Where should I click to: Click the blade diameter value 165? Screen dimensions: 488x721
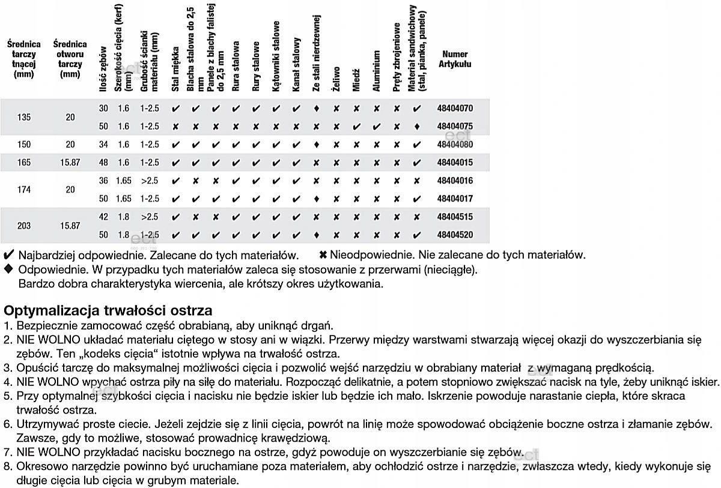pyautogui.click(x=24, y=163)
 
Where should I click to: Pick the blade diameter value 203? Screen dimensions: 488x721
pyautogui.click(x=24, y=226)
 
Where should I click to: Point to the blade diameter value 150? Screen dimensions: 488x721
pyautogui.click(x=24, y=145)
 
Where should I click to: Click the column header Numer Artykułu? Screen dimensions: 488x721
pyautogui.click(x=455, y=59)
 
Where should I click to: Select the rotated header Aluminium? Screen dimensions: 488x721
pyautogui.click(x=377, y=71)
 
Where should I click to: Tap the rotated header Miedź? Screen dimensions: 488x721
pyautogui.click(x=356, y=79)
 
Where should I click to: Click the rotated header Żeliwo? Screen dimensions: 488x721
pyautogui.click(x=336, y=79)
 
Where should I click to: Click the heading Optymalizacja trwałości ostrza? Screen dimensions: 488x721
pyautogui.click(x=108, y=311)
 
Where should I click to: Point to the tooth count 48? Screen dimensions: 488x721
pyautogui.click(x=103, y=163)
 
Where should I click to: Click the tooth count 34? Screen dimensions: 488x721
pyautogui.click(x=103, y=145)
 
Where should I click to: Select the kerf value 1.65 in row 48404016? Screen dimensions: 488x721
pyautogui.click(x=123, y=181)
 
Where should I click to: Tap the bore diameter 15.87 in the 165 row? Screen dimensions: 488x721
pyautogui.click(x=70, y=163)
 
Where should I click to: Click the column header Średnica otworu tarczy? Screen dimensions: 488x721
pyautogui.click(x=70, y=59)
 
